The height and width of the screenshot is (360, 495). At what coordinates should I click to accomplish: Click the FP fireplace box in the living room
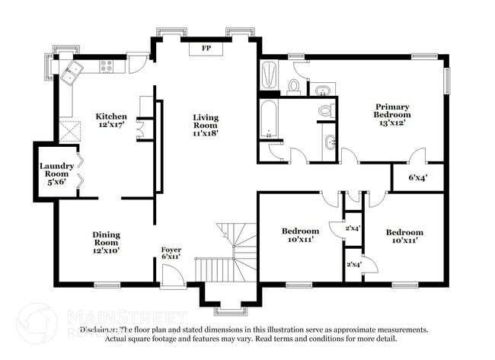[x=206, y=49]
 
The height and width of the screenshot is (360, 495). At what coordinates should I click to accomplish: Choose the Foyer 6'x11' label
[x=171, y=254]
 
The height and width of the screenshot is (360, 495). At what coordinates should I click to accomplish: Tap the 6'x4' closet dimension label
[x=417, y=177]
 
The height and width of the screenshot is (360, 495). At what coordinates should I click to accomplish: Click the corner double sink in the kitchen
[x=73, y=73]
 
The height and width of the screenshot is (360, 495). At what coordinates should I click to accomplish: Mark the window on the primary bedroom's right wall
[x=447, y=80]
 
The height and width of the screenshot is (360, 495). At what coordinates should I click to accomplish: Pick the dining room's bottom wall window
[x=106, y=285]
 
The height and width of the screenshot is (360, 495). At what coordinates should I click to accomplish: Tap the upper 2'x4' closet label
[x=353, y=228]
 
